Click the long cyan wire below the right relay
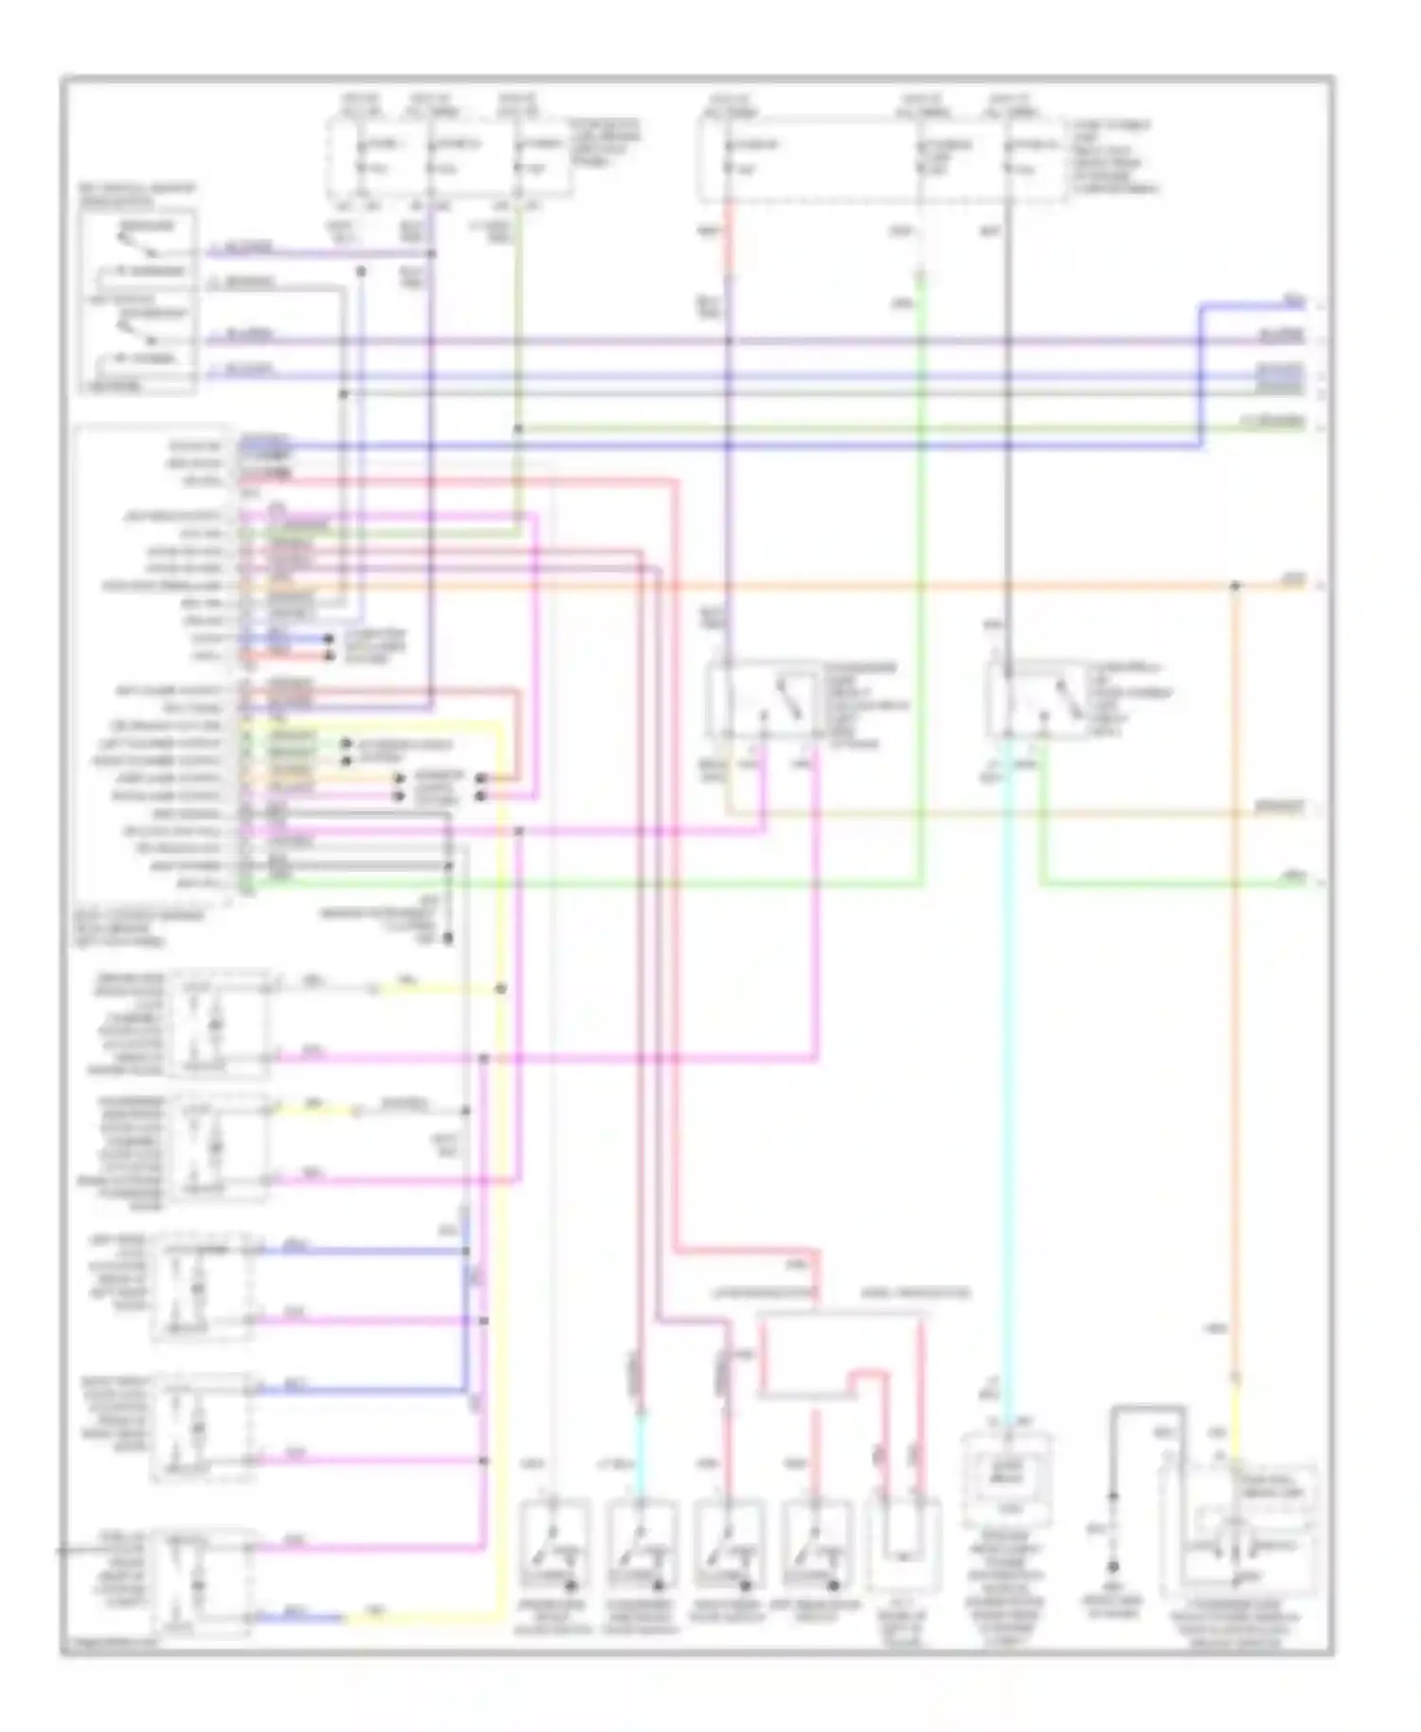[x=1007, y=1090]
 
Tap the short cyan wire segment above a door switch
[x=639, y=1450]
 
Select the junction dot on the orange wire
[x=1234, y=586]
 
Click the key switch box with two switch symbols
[x=138, y=301]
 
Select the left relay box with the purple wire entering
[x=764, y=699]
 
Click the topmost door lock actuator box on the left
[x=218, y=1023]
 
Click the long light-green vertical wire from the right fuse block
[x=920, y=568]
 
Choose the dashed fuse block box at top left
[x=450, y=158]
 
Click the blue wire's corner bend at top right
[x=1201, y=306]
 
